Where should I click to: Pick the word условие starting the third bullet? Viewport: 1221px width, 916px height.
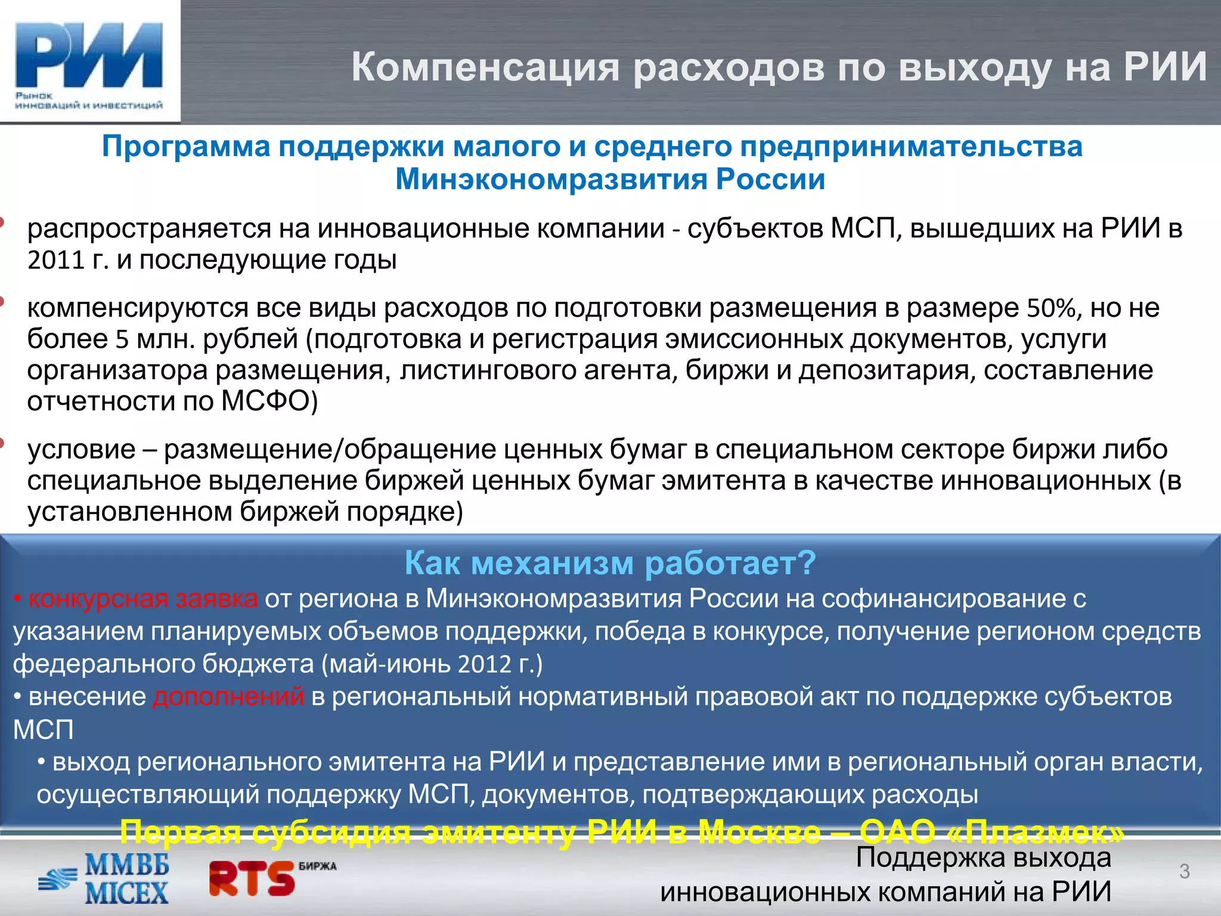click(82, 449)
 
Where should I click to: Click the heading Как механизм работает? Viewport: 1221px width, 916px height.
click(610, 562)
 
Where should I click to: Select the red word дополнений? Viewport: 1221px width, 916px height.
click(228, 697)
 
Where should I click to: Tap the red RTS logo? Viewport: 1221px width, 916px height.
click(252, 879)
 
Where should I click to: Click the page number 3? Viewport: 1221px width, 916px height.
click(1184, 872)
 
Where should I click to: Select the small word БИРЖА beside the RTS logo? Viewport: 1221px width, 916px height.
click(317, 866)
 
